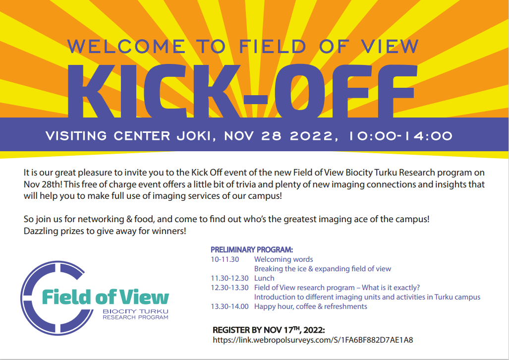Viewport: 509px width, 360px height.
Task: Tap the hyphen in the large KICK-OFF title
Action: tap(255, 100)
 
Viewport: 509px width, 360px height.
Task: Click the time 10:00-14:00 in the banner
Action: tap(400, 136)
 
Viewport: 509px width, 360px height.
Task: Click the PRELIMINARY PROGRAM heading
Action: tap(252, 249)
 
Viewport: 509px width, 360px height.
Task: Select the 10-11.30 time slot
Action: tap(225, 259)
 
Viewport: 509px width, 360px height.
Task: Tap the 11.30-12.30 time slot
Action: tap(229, 278)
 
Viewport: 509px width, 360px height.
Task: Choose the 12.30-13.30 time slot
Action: tap(229, 288)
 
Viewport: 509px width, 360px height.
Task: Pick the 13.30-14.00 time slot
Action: tap(229, 306)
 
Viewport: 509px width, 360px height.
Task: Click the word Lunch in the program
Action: tap(264, 278)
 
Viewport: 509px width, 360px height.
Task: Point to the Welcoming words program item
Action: tap(283, 259)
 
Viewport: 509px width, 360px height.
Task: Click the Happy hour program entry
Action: tap(311, 306)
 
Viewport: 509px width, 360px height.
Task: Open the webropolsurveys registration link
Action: tap(313, 340)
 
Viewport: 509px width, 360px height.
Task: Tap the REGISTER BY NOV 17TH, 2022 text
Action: tap(269, 330)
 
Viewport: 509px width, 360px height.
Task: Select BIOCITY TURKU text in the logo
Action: tap(135, 311)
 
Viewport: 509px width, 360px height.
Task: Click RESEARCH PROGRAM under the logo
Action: tap(135, 317)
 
